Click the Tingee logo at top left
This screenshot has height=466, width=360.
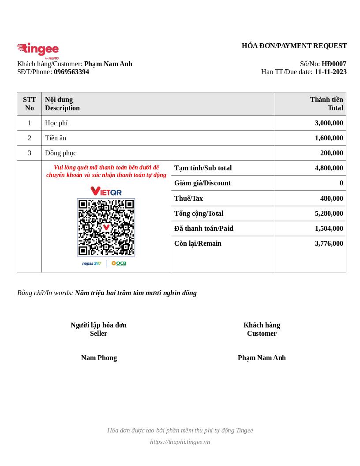point(38,50)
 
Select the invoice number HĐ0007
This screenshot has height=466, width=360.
point(334,64)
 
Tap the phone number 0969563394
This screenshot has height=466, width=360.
point(71,72)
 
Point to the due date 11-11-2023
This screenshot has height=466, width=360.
point(330,72)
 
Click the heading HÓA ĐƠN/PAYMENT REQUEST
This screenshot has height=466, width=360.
point(294,46)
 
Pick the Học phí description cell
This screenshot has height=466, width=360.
point(56,123)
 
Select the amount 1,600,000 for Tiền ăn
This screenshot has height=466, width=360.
point(329,138)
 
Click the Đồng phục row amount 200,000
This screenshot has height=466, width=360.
point(331,153)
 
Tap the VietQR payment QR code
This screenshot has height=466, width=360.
point(106,227)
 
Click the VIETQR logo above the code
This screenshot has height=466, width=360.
point(106,191)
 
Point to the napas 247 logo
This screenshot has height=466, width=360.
point(92,263)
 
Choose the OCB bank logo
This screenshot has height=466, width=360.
point(119,263)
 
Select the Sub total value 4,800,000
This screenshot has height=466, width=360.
point(329,168)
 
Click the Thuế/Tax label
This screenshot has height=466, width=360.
point(188,199)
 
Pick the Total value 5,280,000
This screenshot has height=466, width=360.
point(329,214)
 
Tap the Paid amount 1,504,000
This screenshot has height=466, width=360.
point(329,229)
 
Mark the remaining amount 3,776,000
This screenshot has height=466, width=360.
point(329,244)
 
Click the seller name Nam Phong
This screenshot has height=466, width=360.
point(99,358)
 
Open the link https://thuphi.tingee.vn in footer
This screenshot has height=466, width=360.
point(180,442)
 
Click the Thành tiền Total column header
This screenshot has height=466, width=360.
point(326,104)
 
